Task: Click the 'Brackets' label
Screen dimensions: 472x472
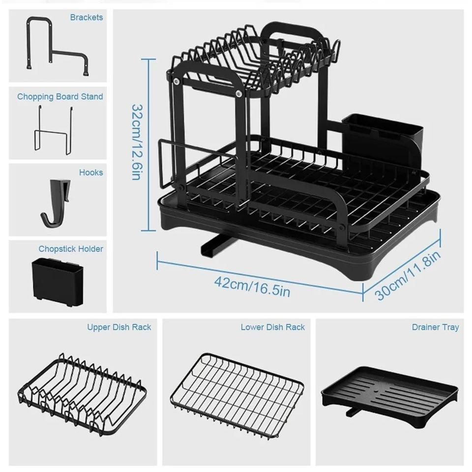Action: [x=86, y=18]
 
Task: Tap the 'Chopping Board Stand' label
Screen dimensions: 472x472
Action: [x=60, y=96]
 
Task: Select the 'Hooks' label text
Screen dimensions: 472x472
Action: [x=91, y=173]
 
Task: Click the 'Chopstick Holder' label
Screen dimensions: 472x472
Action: [x=71, y=249]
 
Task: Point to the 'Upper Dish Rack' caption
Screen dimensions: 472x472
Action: [x=119, y=327]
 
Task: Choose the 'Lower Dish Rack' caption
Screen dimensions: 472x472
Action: [x=272, y=327]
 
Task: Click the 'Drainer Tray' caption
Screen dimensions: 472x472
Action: [x=435, y=327]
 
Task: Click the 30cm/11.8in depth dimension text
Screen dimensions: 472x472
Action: [x=408, y=275]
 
